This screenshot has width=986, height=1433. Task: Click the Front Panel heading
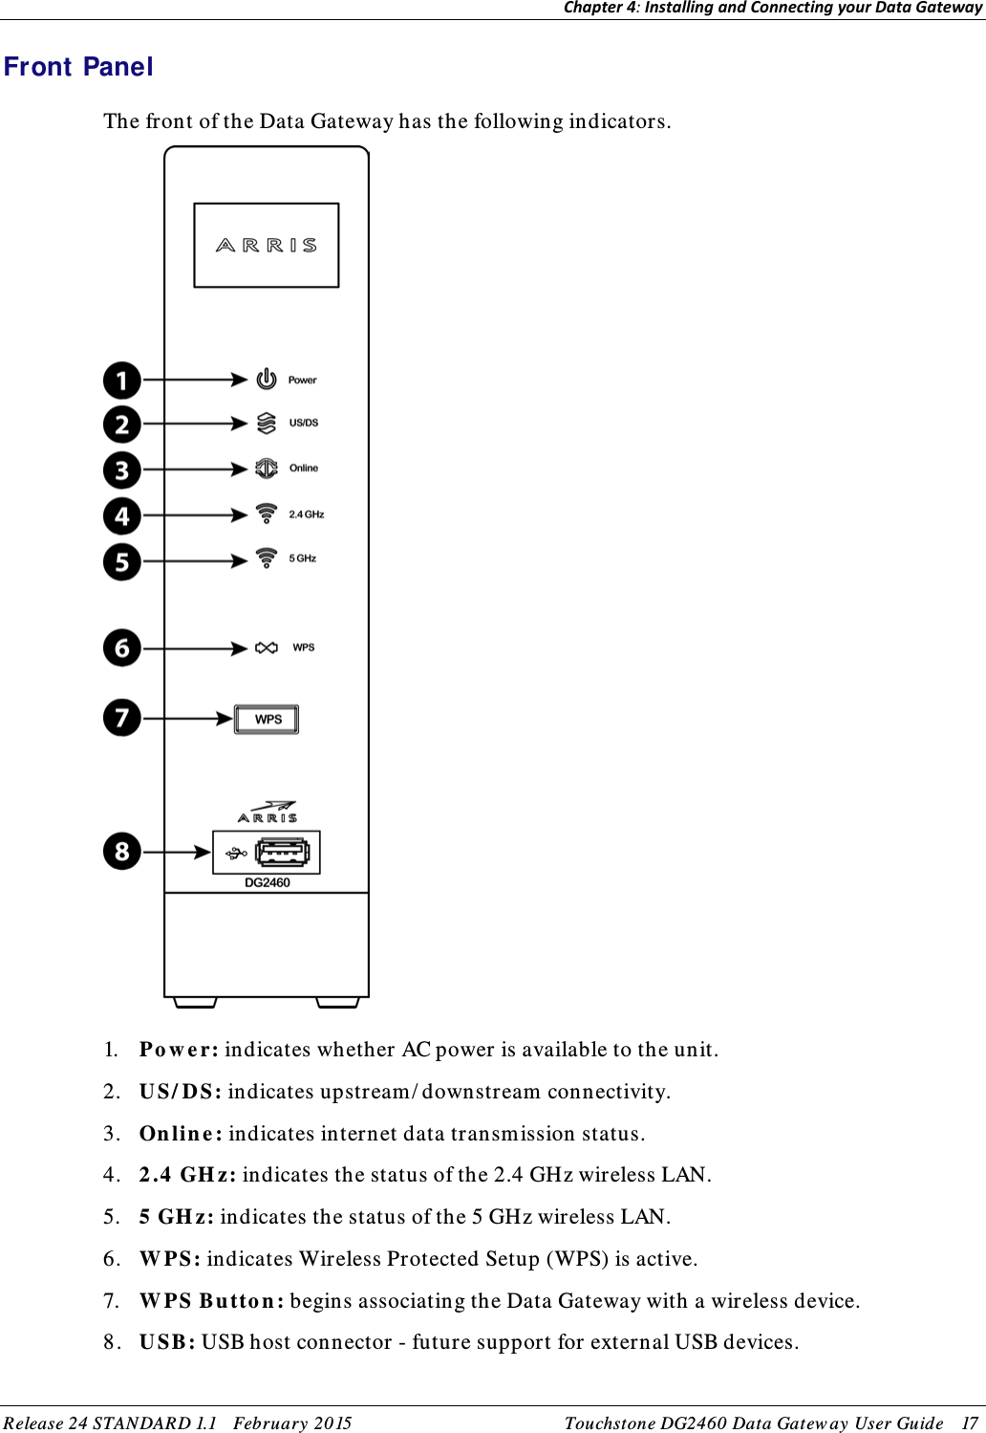(x=78, y=67)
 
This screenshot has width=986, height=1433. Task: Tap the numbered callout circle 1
(x=122, y=380)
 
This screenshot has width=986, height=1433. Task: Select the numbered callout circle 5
(x=122, y=561)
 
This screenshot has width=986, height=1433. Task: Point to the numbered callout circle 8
(x=122, y=851)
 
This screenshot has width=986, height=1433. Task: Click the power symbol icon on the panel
(x=267, y=380)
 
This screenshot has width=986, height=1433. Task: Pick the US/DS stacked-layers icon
(x=267, y=423)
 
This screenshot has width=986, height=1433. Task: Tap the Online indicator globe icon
(x=267, y=468)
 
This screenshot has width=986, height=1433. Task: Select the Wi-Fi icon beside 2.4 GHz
(x=267, y=514)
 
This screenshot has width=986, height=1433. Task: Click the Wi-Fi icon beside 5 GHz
(x=267, y=558)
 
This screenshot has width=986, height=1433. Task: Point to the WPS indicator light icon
(x=267, y=648)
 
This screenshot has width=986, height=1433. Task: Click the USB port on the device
(x=282, y=852)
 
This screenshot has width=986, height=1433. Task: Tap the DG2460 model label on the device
(x=268, y=882)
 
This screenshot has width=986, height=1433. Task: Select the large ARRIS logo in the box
(x=267, y=246)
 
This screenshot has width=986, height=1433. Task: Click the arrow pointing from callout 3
(x=196, y=469)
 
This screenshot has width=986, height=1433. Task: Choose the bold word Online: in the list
(x=181, y=1134)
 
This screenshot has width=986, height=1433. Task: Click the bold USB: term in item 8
(x=167, y=1342)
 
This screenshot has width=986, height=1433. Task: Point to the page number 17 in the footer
(x=970, y=1422)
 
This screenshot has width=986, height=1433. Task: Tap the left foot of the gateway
(x=195, y=1003)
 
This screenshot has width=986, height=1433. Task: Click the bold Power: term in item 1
(x=179, y=1050)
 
